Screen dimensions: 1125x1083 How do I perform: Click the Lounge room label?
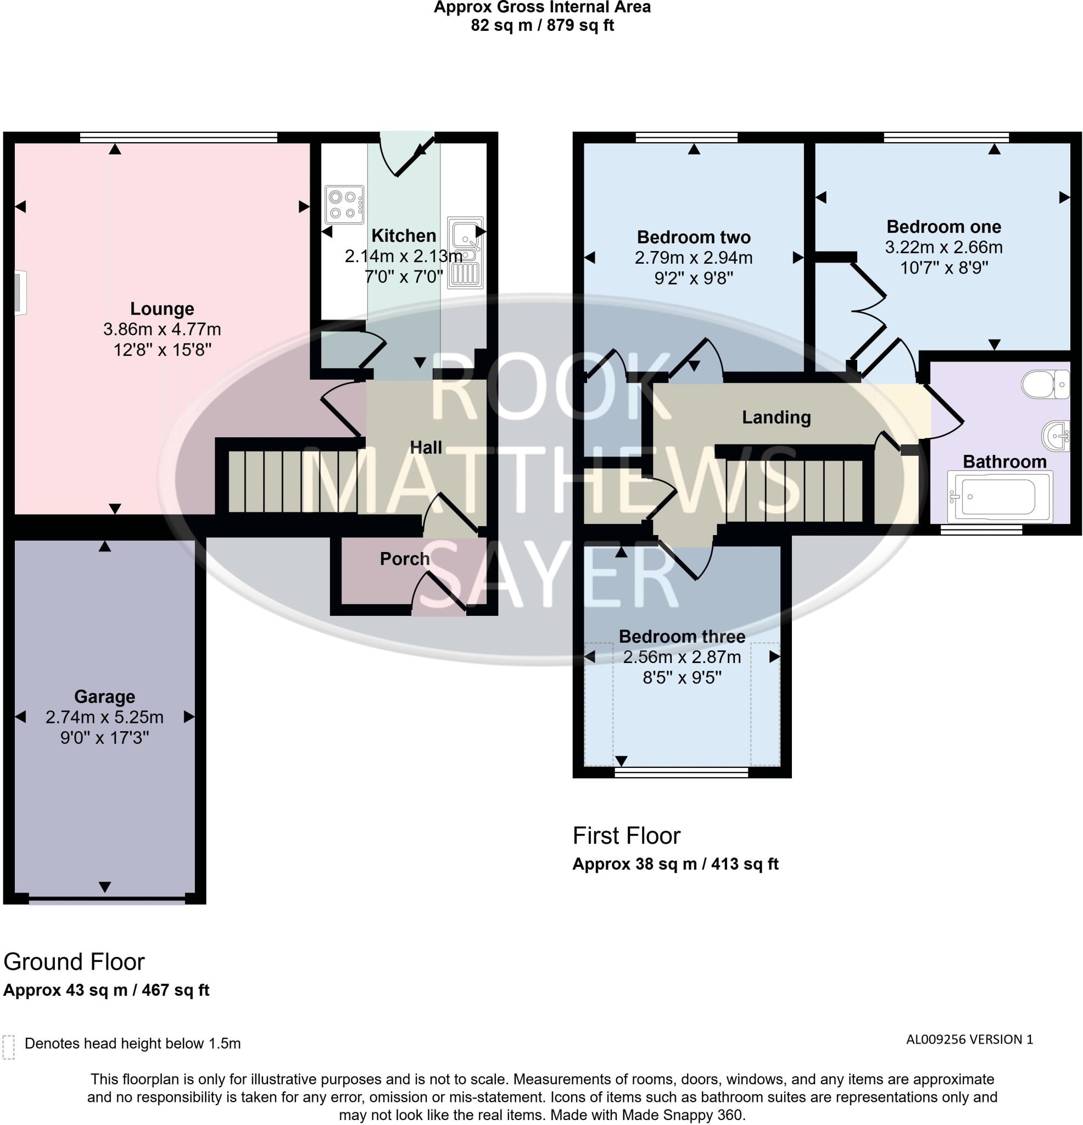[162, 309]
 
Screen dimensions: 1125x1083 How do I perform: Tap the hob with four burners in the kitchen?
[344, 204]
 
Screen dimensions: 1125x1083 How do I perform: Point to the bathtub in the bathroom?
[1000, 497]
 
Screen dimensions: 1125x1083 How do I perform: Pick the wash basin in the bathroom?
[1057, 436]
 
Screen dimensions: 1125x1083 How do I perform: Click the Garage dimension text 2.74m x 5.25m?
[104, 717]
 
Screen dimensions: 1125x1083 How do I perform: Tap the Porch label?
[404, 559]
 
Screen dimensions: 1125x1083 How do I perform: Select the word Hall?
[425, 448]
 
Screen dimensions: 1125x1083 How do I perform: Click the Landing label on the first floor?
[776, 417]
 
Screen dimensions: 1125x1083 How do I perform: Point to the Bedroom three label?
[682, 637]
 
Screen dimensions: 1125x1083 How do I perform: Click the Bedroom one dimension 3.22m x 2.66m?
[944, 247]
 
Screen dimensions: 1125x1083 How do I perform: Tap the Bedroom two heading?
[693, 237]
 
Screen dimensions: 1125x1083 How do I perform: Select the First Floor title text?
[626, 836]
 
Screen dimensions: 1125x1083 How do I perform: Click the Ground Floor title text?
[74, 962]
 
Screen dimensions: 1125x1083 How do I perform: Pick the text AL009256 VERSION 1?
[969, 1039]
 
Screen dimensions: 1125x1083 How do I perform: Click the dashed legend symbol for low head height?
[8, 1048]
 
